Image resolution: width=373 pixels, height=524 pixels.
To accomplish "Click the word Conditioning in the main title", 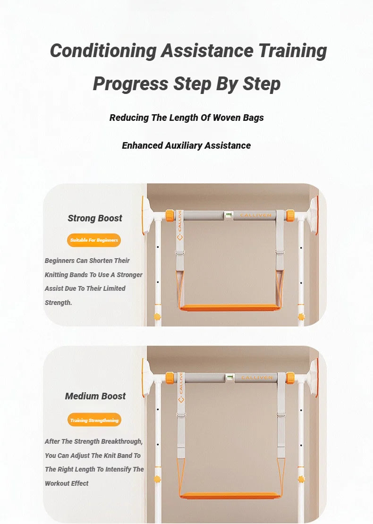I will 102,51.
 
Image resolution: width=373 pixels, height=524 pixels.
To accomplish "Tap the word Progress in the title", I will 130,84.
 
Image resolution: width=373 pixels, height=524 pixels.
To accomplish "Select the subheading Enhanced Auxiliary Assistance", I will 186,145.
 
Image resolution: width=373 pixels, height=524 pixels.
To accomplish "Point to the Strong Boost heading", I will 95,218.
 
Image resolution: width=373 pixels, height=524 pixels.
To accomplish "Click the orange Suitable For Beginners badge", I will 94,240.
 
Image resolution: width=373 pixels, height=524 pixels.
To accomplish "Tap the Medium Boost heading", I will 95,396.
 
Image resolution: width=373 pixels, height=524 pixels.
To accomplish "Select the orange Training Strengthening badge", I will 94,420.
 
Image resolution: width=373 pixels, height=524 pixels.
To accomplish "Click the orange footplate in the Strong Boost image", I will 231,307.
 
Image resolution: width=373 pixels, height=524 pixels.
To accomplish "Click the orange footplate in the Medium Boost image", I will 231,495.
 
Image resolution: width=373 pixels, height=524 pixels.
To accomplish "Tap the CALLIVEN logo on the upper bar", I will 255,215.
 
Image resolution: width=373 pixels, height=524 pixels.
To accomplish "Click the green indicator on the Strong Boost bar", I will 229,215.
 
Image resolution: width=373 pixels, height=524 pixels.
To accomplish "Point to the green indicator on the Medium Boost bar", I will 230,378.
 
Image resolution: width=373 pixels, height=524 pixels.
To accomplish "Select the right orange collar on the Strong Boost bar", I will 290,216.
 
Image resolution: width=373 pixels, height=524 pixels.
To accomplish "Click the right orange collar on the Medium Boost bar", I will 290,378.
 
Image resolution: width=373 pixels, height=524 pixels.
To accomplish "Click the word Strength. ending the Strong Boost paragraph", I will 59,303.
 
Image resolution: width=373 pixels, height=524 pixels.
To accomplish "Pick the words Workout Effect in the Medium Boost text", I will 67,483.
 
